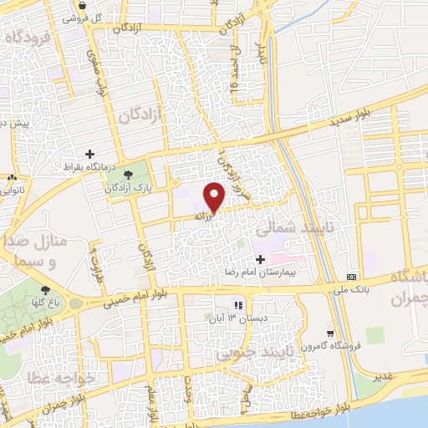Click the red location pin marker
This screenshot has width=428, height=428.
pos(215,197)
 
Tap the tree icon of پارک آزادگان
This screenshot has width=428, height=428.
pos(129,175)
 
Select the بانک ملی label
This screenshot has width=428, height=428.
pos(352,289)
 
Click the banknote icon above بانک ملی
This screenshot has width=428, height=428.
pos(351,277)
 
